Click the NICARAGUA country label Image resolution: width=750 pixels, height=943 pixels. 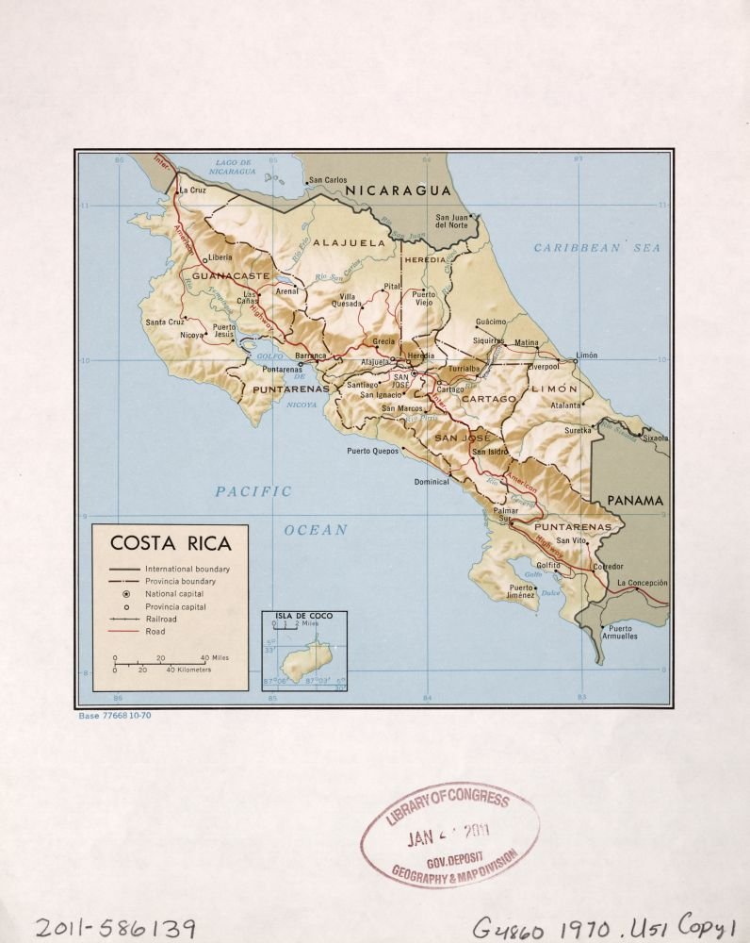[398, 190]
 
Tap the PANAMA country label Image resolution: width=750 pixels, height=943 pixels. [634, 501]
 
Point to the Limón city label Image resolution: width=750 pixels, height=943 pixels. [586, 355]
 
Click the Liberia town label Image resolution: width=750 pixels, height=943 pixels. [220, 256]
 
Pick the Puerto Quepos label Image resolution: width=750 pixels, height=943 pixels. [373, 451]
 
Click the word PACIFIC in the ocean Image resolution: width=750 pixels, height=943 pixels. [253, 491]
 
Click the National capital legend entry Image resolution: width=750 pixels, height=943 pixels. [174, 594]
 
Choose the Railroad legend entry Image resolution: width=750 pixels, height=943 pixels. [162, 620]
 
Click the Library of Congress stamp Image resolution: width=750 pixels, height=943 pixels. [448, 835]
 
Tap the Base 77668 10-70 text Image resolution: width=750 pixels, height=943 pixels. [113, 716]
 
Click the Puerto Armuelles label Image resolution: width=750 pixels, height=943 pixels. [621, 632]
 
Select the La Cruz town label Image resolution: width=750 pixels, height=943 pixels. [192, 190]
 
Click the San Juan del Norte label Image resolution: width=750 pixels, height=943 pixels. [451, 221]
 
